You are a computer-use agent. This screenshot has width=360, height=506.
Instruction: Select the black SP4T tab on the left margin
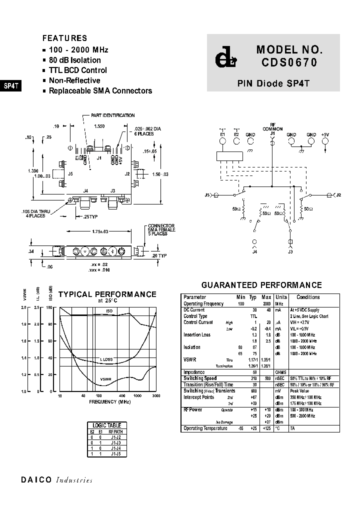click(x=11, y=85)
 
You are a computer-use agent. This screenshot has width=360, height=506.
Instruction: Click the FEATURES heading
click(x=64, y=38)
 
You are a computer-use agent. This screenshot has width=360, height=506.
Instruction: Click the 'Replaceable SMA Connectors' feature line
click(x=100, y=91)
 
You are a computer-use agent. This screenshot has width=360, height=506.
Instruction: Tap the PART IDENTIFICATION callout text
click(x=112, y=115)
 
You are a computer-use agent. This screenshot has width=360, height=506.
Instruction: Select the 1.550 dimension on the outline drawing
click(x=99, y=127)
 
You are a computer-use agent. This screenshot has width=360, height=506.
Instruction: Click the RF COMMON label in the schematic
click(x=272, y=127)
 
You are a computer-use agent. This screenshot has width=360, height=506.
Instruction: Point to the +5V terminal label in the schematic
click(x=325, y=134)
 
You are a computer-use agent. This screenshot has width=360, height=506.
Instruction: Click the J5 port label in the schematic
click(x=208, y=194)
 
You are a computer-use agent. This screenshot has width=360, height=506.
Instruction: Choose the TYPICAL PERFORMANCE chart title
click(x=107, y=294)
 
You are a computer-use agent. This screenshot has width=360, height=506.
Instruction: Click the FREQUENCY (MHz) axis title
click(x=109, y=401)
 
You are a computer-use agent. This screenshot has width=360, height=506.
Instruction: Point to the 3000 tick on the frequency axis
click(x=155, y=395)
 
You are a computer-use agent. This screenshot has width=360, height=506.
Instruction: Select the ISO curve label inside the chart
click(x=109, y=311)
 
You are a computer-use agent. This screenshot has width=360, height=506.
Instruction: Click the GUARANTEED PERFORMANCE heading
click(x=261, y=285)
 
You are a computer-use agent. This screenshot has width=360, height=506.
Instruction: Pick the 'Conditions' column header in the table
click(x=308, y=297)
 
